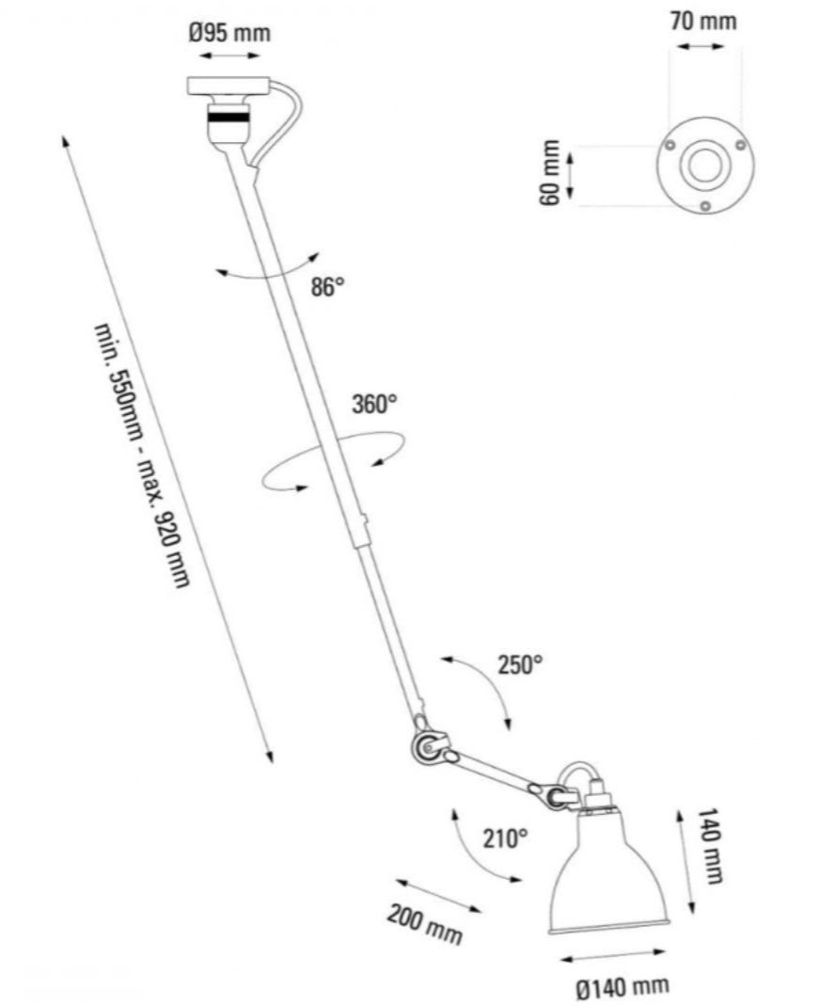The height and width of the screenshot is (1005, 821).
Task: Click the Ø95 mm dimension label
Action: pyautogui.click(x=229, y=34)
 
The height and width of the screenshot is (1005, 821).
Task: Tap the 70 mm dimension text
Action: pyautogui.click(x=704, y=21)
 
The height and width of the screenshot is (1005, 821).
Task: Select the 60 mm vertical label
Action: pyautogui.click(x=552, y=172)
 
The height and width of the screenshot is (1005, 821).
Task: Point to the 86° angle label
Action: pyautogui.click(x=328, y=288)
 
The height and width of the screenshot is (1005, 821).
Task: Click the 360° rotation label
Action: pyautogui.click(x=374, y=405)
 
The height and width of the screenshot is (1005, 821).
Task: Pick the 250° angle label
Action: pyautogui.click(x=520, y=665)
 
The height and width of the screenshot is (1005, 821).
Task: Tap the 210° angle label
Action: pyautogui.click(x=506, y=837)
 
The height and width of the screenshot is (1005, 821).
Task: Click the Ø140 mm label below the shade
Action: pyautogui.click(x=623, y=987)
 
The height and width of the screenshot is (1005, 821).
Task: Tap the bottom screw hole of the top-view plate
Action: pyautogui.click(x=704, y=207)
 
